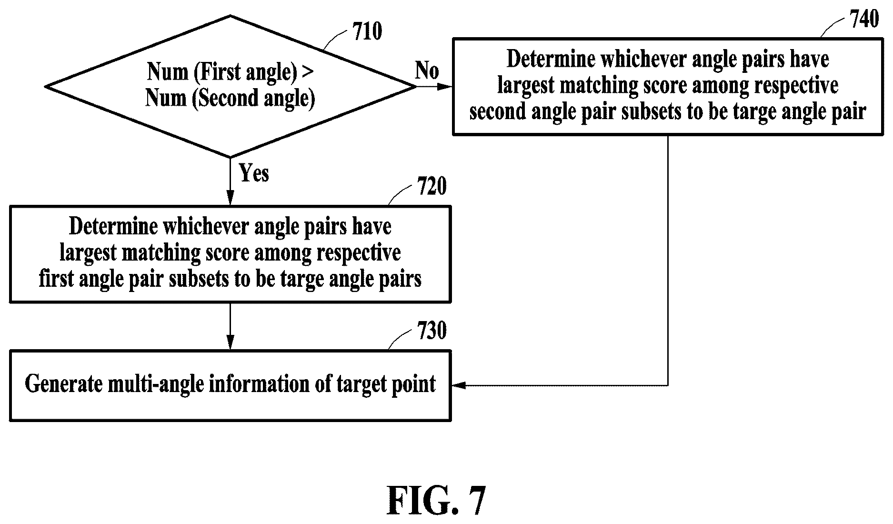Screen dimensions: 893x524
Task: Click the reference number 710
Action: click(367, 32)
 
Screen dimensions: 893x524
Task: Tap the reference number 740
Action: click(864, 19)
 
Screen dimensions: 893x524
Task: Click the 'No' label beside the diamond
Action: click(427, 71)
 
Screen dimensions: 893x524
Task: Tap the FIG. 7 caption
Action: click(436, 501)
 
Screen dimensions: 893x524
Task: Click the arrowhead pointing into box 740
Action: click(445, 87)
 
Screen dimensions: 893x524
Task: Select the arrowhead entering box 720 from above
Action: click(230, 198)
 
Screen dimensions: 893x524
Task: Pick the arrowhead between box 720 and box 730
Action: click(230, 343)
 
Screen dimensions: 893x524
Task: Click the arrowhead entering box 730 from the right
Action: click(458, 385)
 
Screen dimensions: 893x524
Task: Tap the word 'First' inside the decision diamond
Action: click(219, 72)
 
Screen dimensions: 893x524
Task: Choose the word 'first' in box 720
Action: click(56, 279)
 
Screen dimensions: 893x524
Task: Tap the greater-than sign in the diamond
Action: click(308, 72)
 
